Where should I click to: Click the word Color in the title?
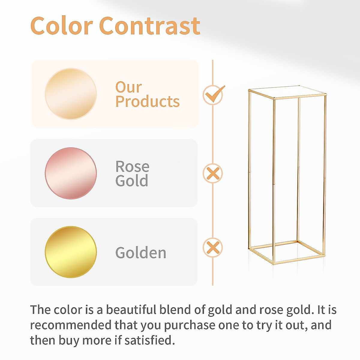pyautogui.click(x=61, y=26)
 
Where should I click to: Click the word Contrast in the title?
pyautogui.click(x=149, y=26)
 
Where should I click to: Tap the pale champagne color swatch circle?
pyautogui.click(x=71, y=94)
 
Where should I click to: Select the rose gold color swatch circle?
pyautogui.click(x=71, y=173)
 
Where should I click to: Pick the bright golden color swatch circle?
pyautogui.click(x=71, y=252)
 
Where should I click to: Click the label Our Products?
pyautogui.click(x=147, y=94)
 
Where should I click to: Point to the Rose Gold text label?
pyautogui.click(x=132, y=173)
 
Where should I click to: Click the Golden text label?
pyautogui.click(x=141, y=253)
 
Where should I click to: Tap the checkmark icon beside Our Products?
pyautogui.click(x=213, y=95)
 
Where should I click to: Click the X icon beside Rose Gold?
pyautogui.click(x=213, y=173)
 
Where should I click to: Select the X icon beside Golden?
pyautogui.click(x=213, y=248)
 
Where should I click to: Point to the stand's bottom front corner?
pyautogui.click(x=274, y=263)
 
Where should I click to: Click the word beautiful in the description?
pyautogui.click(x=131, y=310)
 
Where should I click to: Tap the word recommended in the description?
pyautogui.click(x=71, y=325)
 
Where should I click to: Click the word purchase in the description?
pyautogui.click(x=190, y=325)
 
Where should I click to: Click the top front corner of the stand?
pyautogui.click(x=274, y=98)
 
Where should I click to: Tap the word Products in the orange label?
pyautogui.click(x=147, y=102)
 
